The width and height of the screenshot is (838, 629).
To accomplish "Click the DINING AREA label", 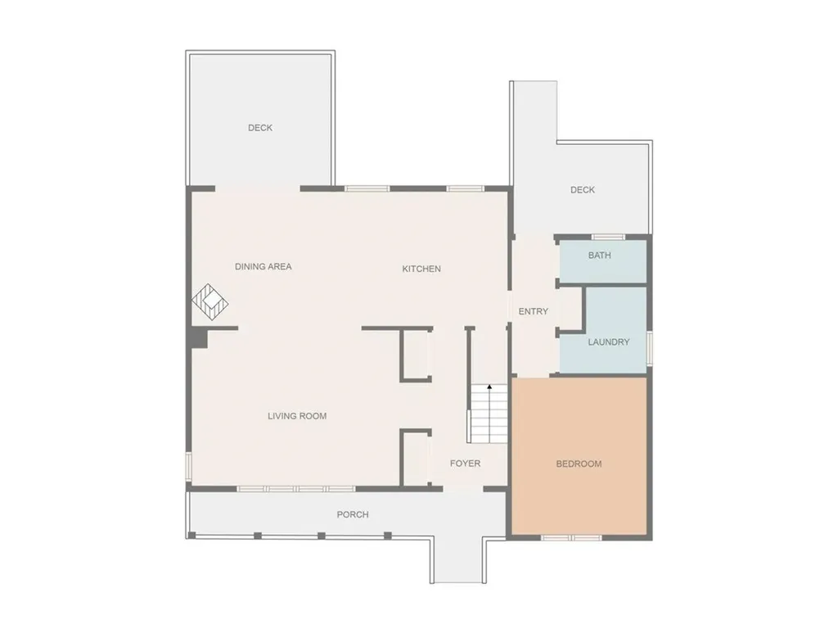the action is coord(264,266).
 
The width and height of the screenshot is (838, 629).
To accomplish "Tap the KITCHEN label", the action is coord(421,269).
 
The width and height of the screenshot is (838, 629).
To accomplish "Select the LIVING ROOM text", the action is coord(297,415).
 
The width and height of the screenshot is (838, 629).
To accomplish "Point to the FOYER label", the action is coord(465,464).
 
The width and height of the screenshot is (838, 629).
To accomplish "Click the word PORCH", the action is coord(353,514).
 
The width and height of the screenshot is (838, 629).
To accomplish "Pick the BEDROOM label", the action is coord(579,464).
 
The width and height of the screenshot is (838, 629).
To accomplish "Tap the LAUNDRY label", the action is coord(609,342).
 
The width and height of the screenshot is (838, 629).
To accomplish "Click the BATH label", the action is coord(600,256).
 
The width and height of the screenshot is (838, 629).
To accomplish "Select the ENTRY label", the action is coord(534,311).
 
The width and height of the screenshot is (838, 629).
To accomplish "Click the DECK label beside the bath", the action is coord(583,190).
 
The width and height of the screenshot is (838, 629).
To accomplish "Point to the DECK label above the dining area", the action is coord(260,128).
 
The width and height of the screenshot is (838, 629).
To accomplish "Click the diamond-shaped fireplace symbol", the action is coord(210,303).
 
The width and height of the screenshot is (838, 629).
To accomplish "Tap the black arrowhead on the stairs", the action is coord(489,387).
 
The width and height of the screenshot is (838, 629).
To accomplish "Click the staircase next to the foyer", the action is coord(489,413).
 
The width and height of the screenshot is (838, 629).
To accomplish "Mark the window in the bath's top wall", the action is coord(608,237).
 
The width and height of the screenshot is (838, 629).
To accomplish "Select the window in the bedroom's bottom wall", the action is coord(572,537).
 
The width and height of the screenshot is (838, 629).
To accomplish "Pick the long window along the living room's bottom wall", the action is coord(296,489).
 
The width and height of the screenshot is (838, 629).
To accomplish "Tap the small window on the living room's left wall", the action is coord(189,465).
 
